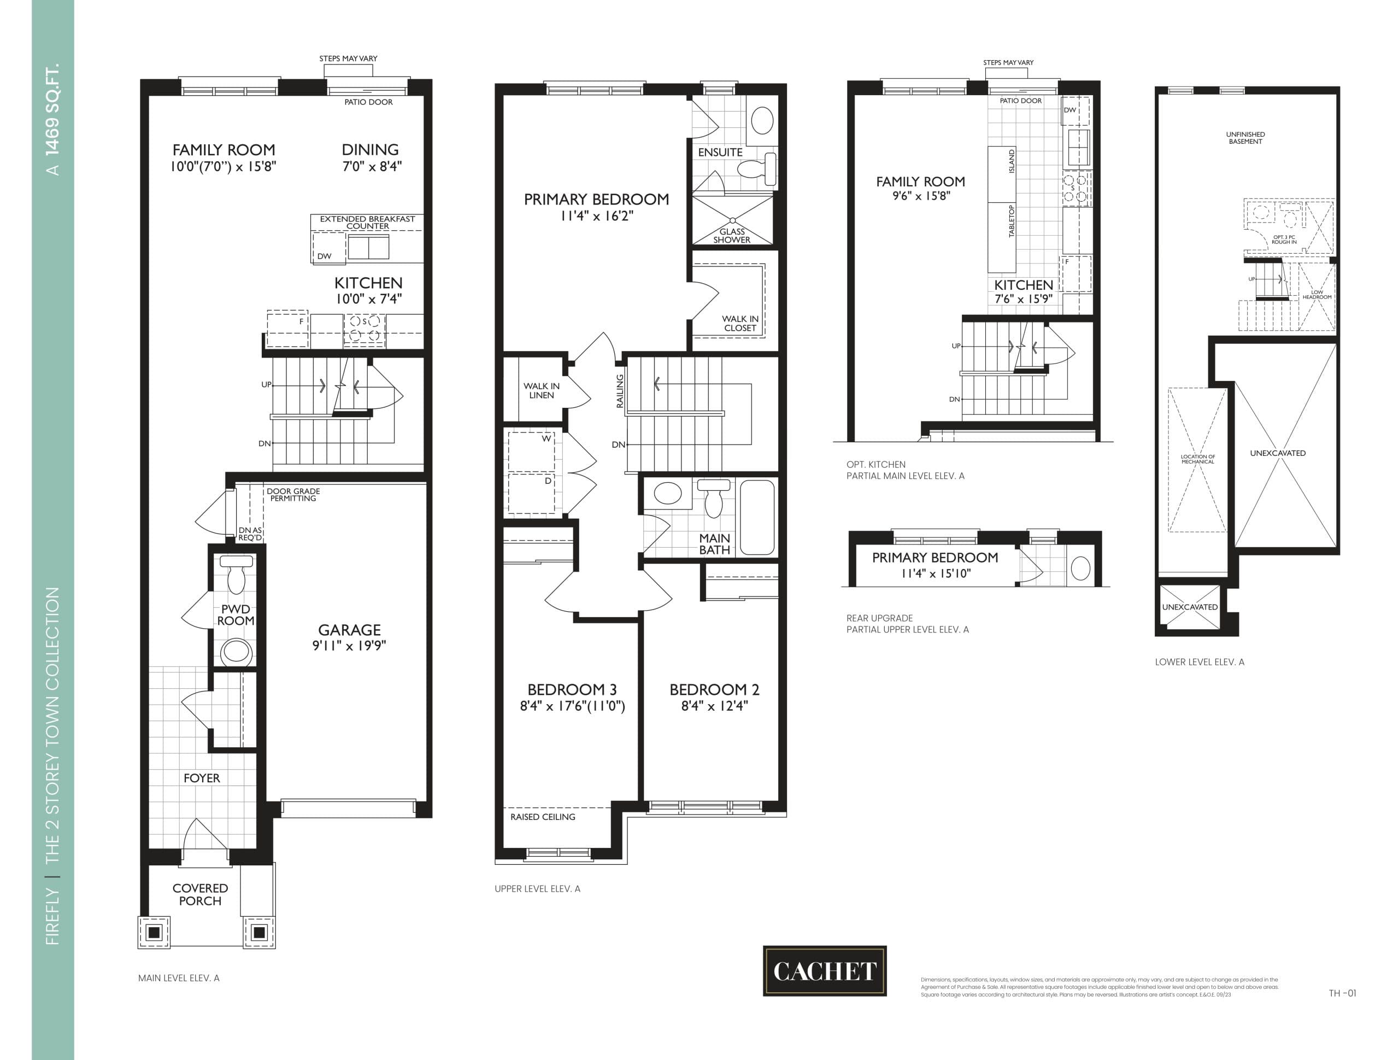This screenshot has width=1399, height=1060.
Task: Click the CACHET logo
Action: (824, 971)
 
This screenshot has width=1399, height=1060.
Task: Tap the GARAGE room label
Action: (349, 630)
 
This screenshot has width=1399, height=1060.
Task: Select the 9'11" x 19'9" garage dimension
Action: (349, 646)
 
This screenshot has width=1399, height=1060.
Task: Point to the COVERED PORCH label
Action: (200, 894)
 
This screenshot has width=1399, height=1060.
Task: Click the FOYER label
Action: (202, 778)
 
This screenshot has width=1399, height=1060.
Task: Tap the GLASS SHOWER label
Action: (732, 236)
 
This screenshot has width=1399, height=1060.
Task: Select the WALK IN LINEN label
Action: (542, 390)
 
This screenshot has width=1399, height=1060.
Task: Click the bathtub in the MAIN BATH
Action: (757, 517)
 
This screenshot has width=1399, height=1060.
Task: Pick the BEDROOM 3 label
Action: (572, 689)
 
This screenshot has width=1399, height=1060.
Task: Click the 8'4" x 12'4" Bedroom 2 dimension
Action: (715, 706)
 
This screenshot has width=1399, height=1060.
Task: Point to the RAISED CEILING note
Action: (543, 817)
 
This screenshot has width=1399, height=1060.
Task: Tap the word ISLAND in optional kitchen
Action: (1012, 161)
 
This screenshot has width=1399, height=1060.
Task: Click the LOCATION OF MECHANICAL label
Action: (1197, 459)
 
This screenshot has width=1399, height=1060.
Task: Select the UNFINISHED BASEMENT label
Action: (1245, 138)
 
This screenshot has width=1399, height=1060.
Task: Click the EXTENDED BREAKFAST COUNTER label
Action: (367, 222)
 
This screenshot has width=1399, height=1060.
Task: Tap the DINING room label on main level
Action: (370, 150)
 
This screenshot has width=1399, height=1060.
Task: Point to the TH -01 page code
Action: (1342, 993)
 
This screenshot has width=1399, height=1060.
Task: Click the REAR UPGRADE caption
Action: (879, 618)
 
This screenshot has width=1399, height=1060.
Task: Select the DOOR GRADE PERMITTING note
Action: (293, 494)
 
